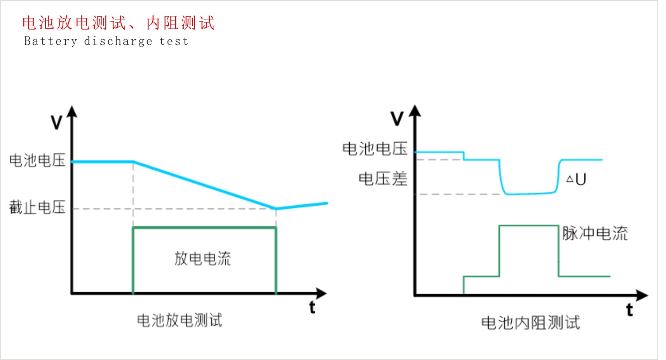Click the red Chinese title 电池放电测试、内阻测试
coord(118,23)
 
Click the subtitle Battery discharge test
coord(106,41)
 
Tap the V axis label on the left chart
coord(57,122)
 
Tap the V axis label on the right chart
coord(397,118)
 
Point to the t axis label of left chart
coord(312,307)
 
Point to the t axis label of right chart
coord(629,310)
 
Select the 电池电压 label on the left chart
coord(37,160)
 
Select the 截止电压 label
coord(37,207)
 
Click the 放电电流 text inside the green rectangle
coord(202,259)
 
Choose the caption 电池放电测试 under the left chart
coord(180,321)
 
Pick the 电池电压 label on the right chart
coord(375,149)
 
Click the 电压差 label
coord(383,179)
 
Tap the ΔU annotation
coord(576,179)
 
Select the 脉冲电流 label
coord(595,233)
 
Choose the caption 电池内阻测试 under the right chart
coord(530,323)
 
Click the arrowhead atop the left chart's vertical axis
coord(72,112)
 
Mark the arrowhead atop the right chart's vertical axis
coord(415,111)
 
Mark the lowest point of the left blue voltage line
coord(276,208)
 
